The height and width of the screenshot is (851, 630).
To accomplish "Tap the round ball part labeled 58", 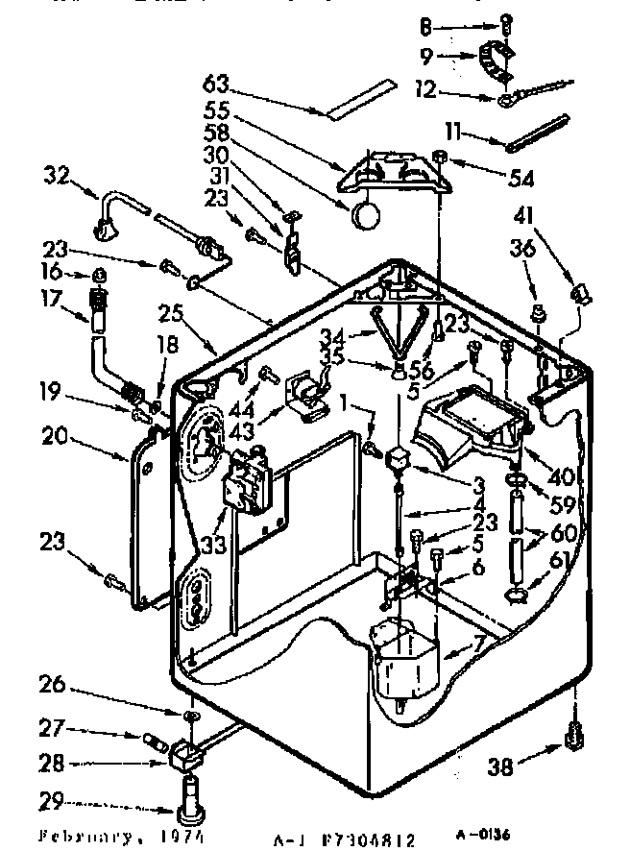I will pyautogui.click(x=364, y=216).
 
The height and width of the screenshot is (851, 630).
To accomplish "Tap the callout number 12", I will pyautogui.click(x=451, y=91).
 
